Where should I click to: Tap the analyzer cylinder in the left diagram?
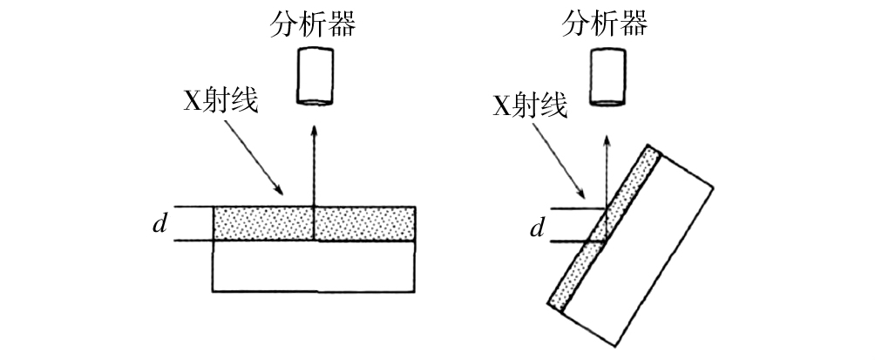tap(315, 77)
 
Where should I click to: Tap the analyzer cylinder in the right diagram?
tap(608, 76)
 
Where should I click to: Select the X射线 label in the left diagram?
tap(219, 102)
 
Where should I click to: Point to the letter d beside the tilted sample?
tap(538, 228)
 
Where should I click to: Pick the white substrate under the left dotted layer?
tap(314, 265)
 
